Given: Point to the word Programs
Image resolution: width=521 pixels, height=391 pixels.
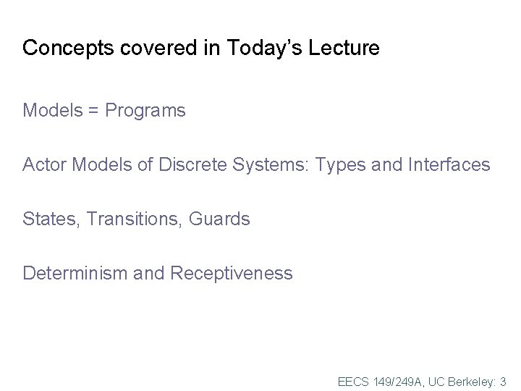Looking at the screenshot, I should coord(145,112).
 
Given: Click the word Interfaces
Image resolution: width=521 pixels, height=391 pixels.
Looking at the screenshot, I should coord(449,165).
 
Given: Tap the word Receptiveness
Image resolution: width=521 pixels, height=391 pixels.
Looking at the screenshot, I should coord(231,274).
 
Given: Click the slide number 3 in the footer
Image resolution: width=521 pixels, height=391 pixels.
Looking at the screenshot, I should coord(503,381).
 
